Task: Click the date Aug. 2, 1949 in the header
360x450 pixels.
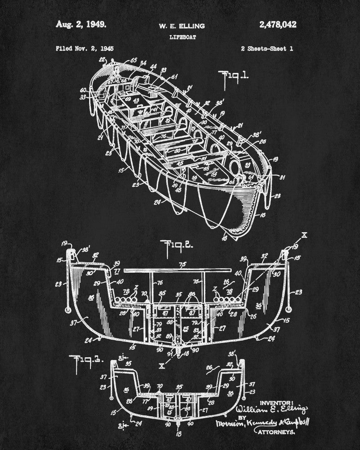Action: pyautogui.click(x=81, y=25)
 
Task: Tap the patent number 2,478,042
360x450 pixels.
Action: pyautogui.click(x=278, y=25)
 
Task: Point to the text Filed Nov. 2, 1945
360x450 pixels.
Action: pyautogui.click(x=85, y=48)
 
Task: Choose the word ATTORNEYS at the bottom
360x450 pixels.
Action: pyautogui.click(x=276, y=432)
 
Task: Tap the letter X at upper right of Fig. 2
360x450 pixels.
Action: pyautogui.click(x=305, y=234)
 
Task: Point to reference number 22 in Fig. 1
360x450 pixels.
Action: pyautogui.click(x=102, y=59)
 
